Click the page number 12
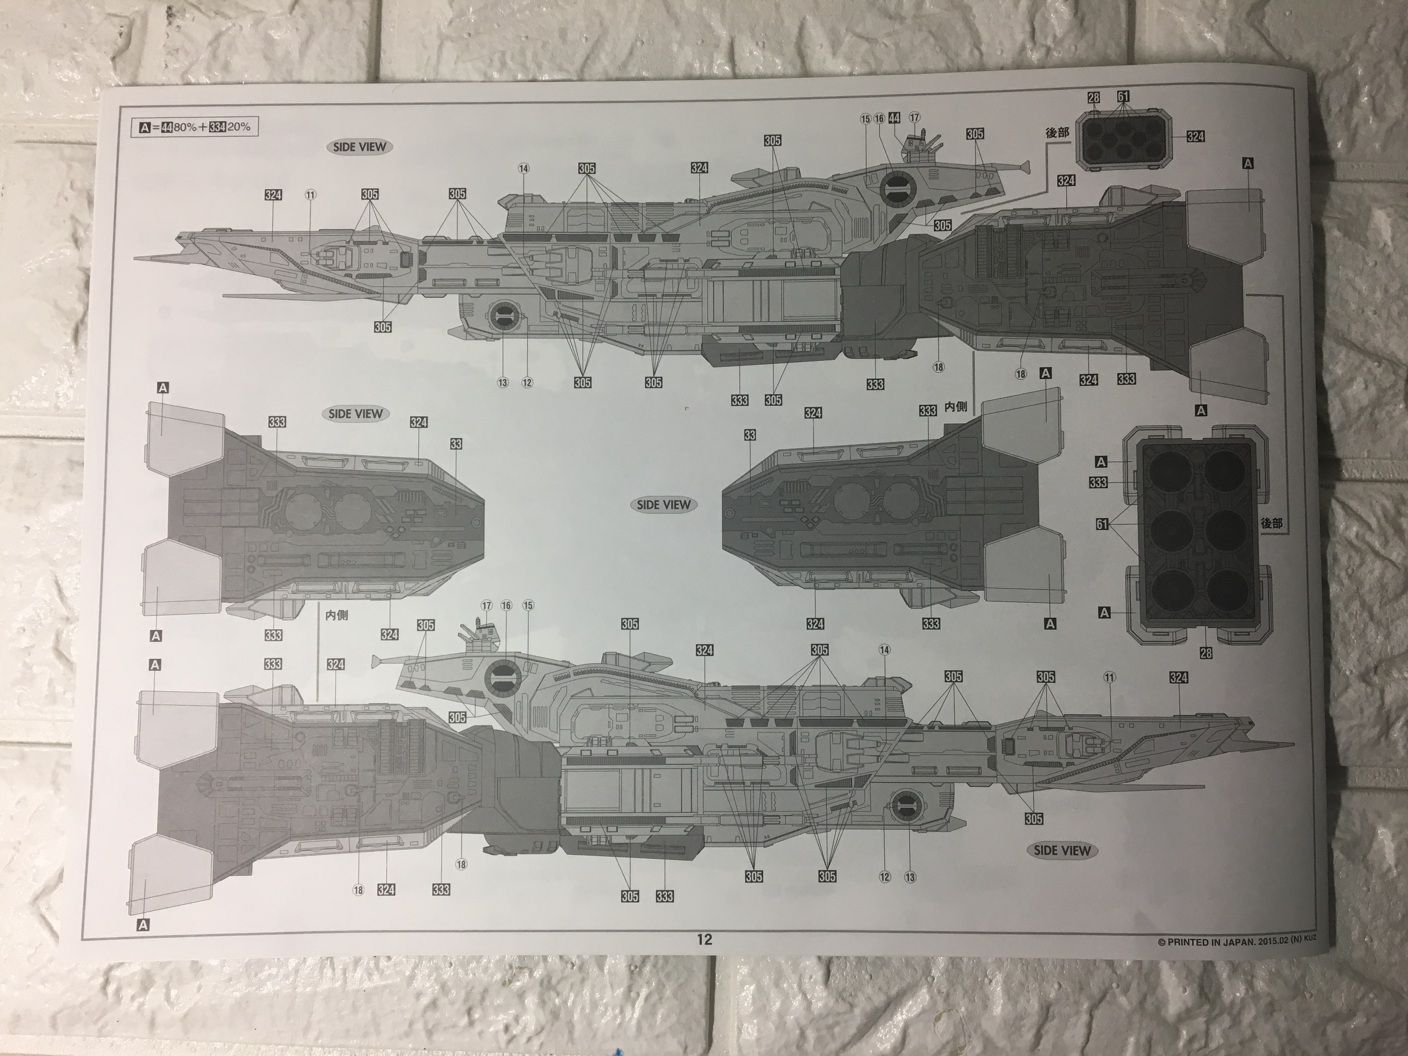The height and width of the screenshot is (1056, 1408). (x=704, y=939)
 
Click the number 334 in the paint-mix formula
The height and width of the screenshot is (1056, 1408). (x=218, y=127)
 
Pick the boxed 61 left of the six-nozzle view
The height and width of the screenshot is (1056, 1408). (x=1102, y=525)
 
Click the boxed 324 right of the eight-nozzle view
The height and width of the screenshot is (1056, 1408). (x=1195, y=136)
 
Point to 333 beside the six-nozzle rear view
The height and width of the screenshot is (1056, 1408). (x=1098, y=483)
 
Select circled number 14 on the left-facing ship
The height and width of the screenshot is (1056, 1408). (x=523, y=169)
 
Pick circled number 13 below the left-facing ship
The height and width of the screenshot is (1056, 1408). (x=503, y=382)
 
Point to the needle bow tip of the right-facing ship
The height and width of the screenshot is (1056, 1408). (x=1292, y=743)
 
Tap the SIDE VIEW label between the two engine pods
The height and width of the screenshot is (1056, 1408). (x=663, y=505)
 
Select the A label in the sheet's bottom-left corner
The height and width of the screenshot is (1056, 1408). (x=142, y=925)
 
